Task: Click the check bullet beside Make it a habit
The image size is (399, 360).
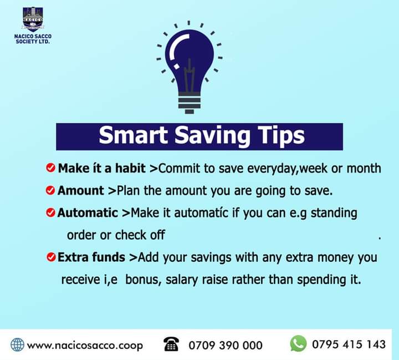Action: tap(50, 168)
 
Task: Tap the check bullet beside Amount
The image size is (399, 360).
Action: tap(50, 190)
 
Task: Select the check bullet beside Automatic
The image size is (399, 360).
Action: tap(50, 213)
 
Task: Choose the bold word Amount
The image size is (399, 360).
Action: tap(81, 190)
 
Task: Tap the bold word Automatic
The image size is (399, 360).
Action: tap(88, 212)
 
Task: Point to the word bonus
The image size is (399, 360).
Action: tap(143, 280)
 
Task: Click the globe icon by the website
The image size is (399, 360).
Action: tap(18, 344)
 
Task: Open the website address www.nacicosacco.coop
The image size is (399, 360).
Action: tap(85, 345)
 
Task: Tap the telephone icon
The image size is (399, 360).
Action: tap(171, 344)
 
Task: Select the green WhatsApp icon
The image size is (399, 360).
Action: tap(298, 343)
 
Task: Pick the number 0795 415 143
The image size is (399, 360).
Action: tap(349, 344)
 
